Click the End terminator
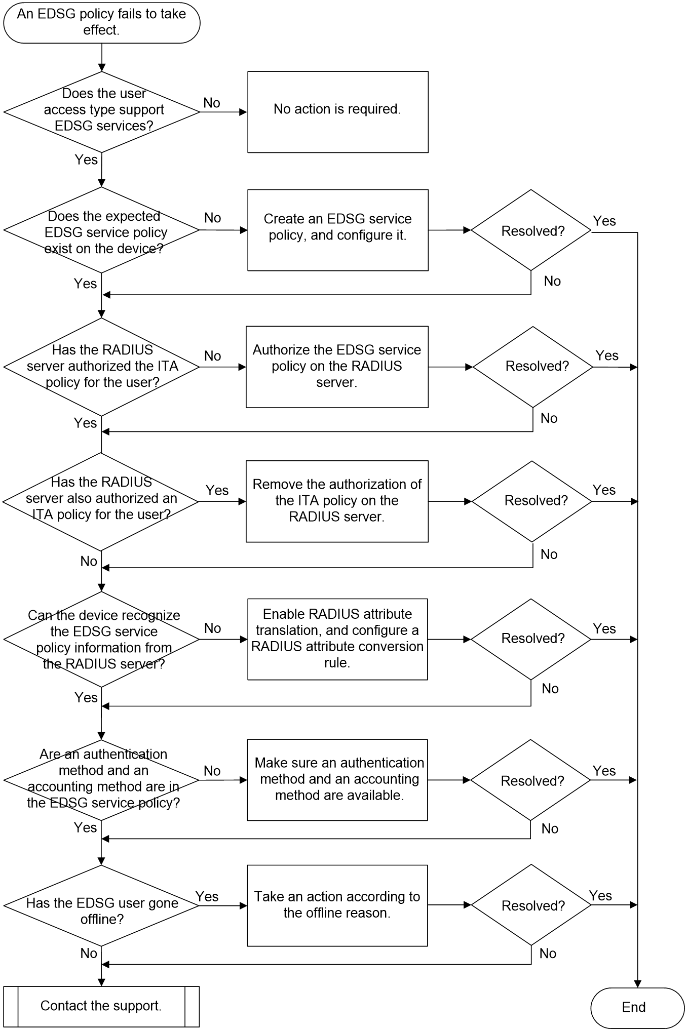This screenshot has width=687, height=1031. [x=637, y=1007]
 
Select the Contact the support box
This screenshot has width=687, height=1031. [x=101, y=1006]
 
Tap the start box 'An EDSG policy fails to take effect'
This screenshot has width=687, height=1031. [x=101, y=22]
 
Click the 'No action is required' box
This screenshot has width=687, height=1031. [x=338, y=112]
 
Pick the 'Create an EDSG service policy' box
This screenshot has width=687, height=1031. [x=338, y=230]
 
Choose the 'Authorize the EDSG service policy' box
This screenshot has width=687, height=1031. [x=337, y=367]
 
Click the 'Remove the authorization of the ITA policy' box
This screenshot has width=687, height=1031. [x=337, y=501]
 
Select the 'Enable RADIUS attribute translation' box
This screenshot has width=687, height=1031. [x=337, y=639]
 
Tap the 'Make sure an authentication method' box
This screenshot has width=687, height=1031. [x=337, y=780]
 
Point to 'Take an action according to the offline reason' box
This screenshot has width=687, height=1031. [x=337, y=905]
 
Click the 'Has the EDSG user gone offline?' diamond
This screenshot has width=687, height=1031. [x=101, y=905]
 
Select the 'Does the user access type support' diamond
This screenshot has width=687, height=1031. [x=101, y=112]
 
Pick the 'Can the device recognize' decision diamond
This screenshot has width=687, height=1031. [x=101, y=639]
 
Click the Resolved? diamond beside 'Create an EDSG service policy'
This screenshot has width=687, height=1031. [x=531, y=230]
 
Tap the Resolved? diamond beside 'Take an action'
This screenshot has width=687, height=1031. [x=531, y=905]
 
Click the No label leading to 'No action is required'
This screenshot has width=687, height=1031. [x=212, y=103]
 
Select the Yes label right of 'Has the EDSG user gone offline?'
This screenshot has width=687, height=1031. [x=207, y=896]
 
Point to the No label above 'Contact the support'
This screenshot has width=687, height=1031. [x=89, y=953]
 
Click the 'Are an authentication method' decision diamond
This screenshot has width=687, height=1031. [x=101, y=780]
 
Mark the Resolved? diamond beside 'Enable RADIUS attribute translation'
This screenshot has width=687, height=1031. [x=531, y=639]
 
